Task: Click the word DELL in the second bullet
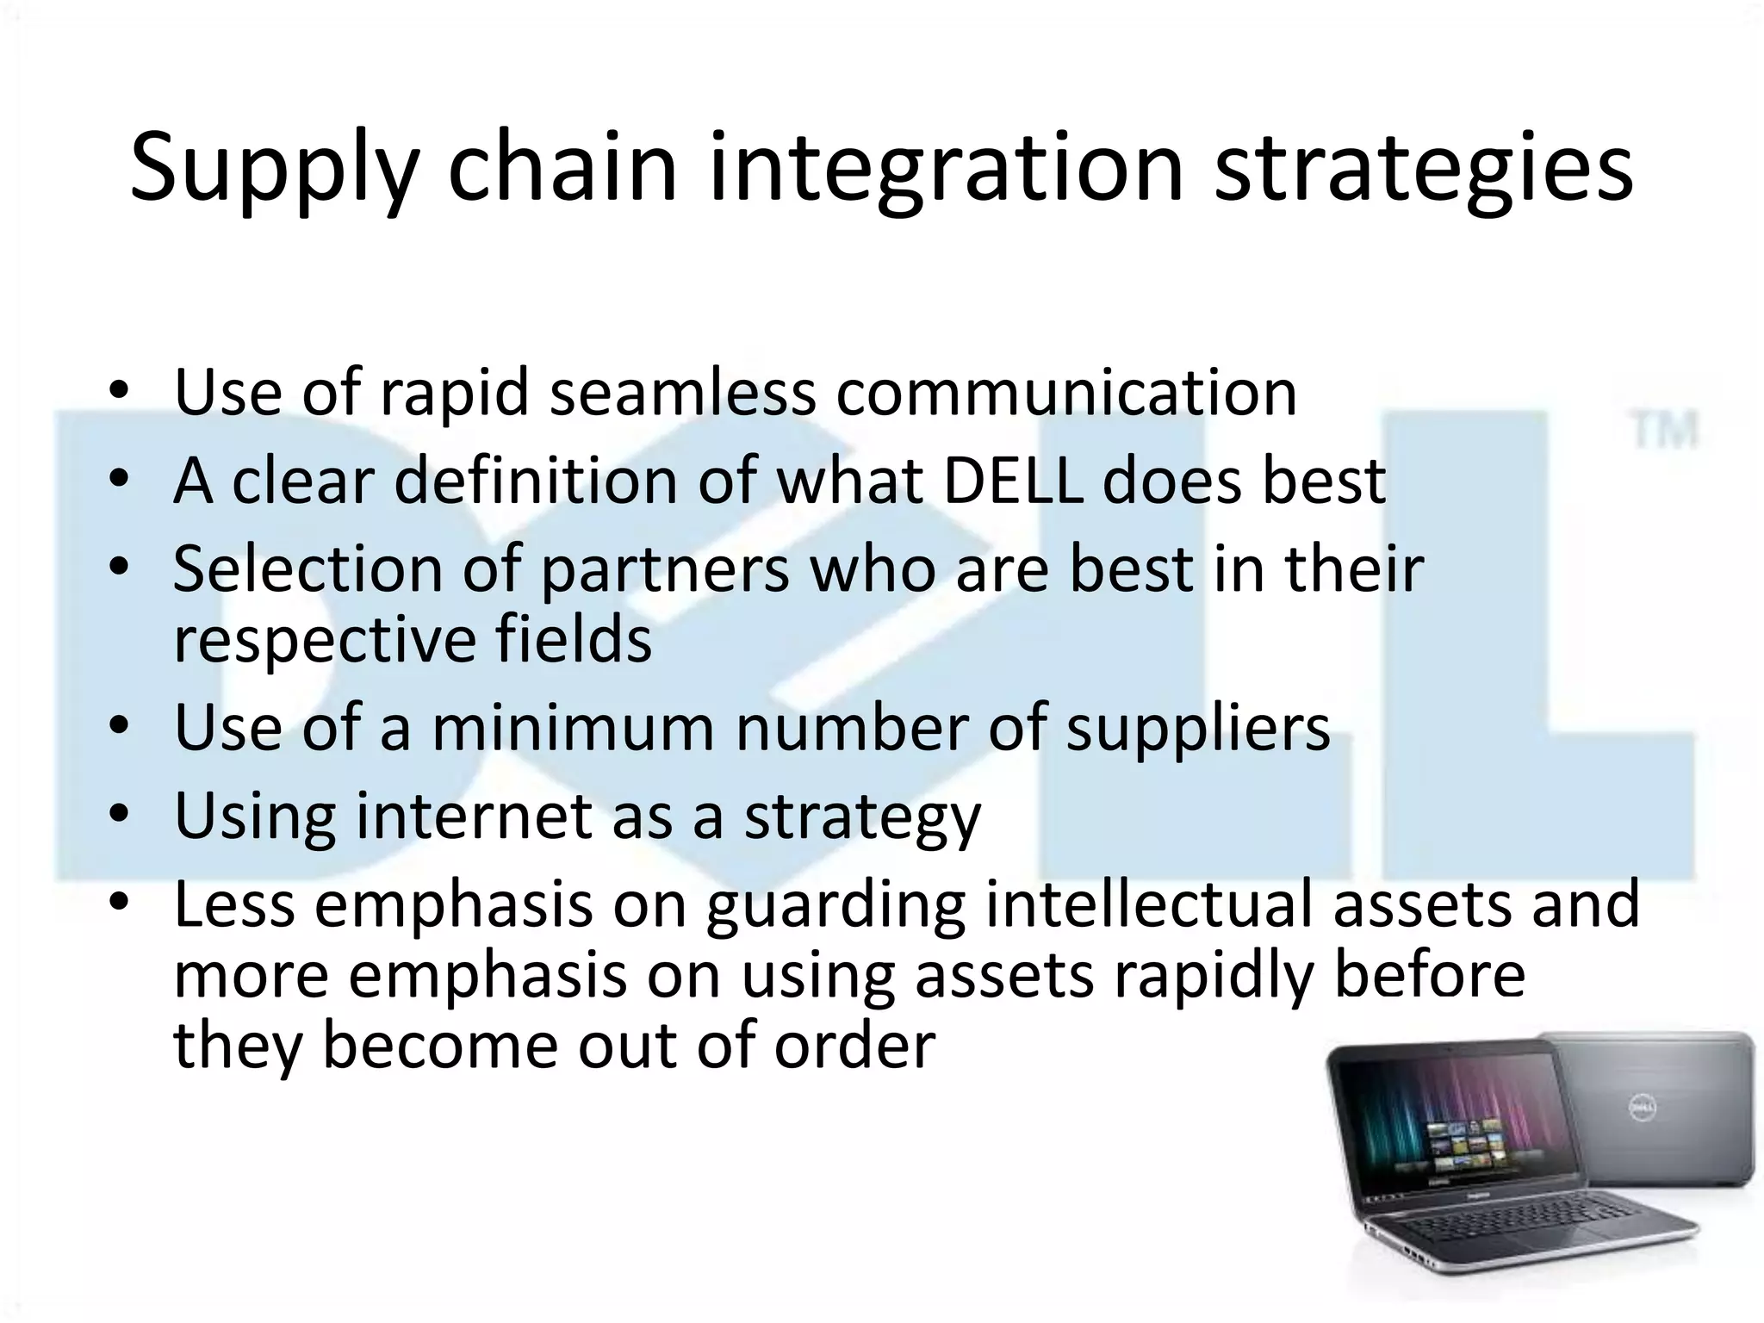pos(1013,481)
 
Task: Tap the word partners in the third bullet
pos(664,569)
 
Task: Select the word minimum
pos(573,729)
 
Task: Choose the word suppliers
pos(1198,729)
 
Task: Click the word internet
pos(473,817)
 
